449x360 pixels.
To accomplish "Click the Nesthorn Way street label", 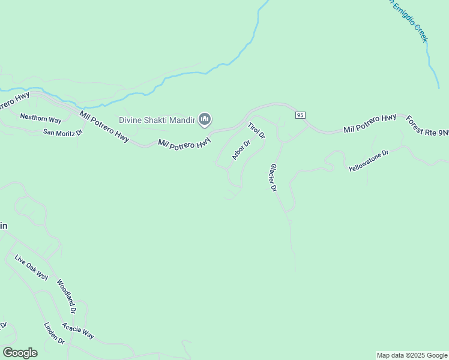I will [41, 118].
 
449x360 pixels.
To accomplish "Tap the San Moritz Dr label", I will [62, 132].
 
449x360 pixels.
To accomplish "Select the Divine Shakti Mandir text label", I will [157, 120].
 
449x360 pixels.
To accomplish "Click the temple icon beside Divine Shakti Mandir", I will [205, 120].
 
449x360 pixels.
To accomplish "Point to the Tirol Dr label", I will [256, 130].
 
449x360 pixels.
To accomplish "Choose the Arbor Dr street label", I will [241, 150].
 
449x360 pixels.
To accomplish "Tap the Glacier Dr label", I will [273, 177].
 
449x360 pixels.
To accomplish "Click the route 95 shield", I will [301, 115].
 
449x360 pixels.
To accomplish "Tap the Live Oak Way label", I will [31, 267].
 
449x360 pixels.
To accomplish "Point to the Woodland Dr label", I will [66, 296].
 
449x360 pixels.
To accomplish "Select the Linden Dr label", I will [54, 333].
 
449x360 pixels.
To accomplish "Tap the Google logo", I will [20, 353].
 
